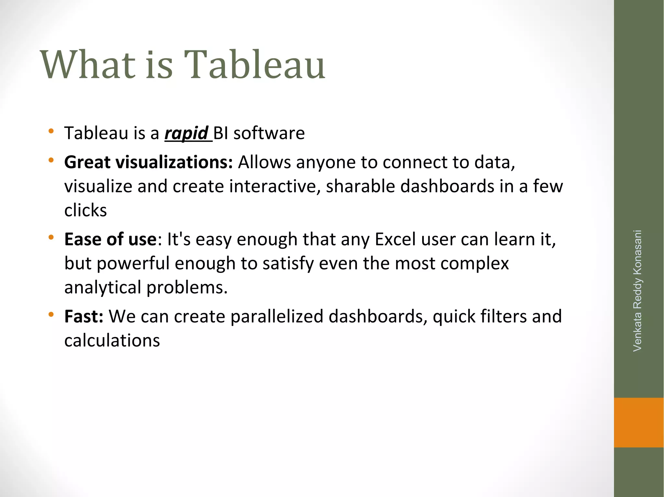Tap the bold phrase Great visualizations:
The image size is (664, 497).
point(148,162)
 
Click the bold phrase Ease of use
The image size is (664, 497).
point(111,239)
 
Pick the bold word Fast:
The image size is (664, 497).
point(84,316)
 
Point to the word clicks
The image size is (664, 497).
point(86,210)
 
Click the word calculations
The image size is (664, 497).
point(112,341)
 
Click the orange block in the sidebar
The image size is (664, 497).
point(638,422)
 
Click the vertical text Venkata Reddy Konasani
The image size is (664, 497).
point(637,290)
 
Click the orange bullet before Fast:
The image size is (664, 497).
point(51,314)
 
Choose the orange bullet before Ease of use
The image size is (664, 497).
point(51,237)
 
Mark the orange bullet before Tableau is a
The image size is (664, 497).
point(51,131)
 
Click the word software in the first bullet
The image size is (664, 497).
point(269,133)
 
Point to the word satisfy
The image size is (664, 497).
point(288,264)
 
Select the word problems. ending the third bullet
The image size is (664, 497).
point(187,288)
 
